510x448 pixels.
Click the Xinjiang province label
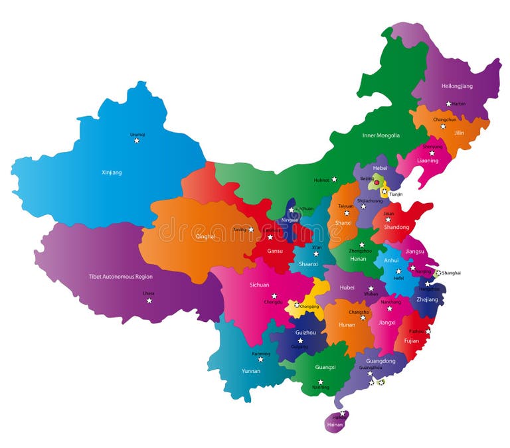point(112,173)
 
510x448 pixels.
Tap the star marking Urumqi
point(137,140)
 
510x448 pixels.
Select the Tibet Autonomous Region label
point(120,277)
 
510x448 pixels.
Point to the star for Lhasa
point(149,301)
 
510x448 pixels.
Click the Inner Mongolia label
point(381,135)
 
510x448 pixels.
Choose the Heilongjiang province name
point(457,86)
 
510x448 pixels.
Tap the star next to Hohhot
point(334,179)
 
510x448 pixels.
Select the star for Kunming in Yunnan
point(260,359)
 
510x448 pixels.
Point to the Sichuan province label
point(260,285)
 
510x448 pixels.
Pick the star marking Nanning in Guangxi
point(320,382)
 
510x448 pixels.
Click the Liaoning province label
point(428,161)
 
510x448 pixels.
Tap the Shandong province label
point(396,228)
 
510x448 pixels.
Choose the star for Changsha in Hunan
point(363,317)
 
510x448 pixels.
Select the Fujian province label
point(412,341)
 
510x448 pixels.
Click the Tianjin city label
point(396,194)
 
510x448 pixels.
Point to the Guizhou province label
point(305,332)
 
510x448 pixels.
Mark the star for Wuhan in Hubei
point(370,288)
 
